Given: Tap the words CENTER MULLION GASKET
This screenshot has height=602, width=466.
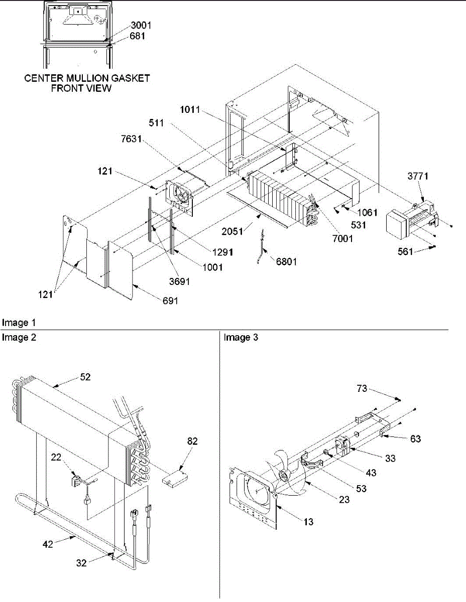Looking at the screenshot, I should (87, 78).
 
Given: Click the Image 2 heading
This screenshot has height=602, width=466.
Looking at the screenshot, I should (19, 338).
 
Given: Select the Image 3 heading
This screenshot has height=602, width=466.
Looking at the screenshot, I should (241, 338).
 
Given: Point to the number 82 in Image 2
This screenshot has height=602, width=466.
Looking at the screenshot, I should (192, 442).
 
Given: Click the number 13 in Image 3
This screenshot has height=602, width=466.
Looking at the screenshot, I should (308, 522).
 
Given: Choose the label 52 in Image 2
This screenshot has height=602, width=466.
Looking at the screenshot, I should (85, 377).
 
